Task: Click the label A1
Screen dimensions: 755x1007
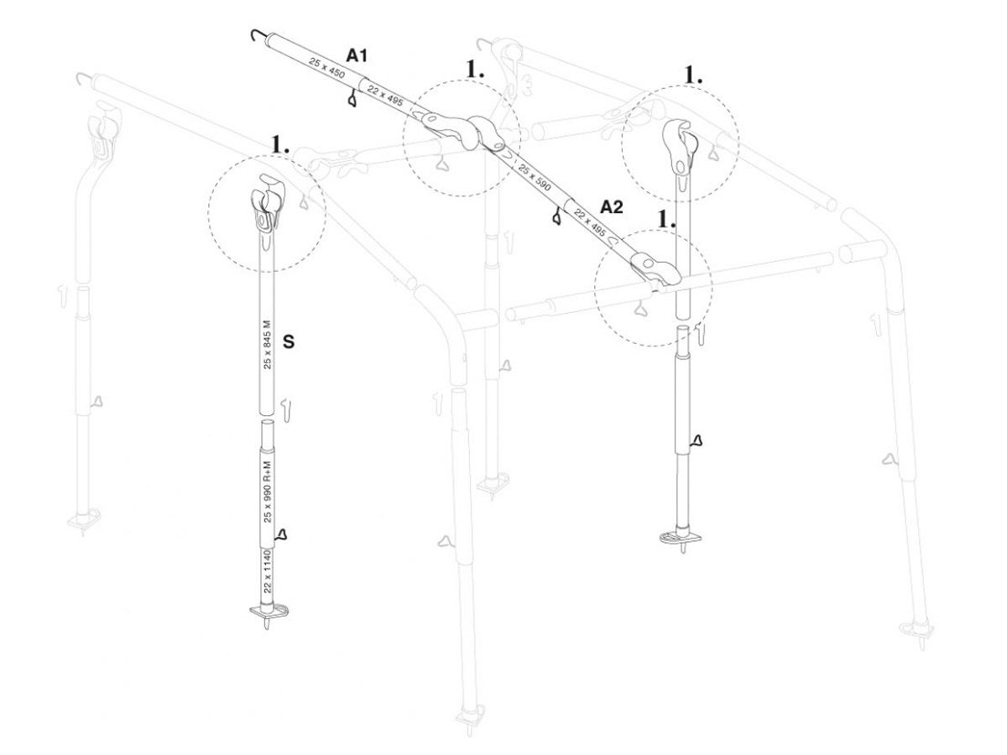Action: click(357, 55)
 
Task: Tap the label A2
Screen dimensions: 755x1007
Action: click(612, 206)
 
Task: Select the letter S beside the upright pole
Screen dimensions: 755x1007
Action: click(289, 342)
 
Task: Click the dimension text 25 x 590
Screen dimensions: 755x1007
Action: click(534, 177)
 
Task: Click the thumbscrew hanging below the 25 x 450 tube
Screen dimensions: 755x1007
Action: click(351, 101)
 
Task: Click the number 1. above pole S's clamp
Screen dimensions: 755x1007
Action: click(280, 144)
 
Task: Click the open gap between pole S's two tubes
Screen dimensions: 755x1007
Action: click(266, 419)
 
